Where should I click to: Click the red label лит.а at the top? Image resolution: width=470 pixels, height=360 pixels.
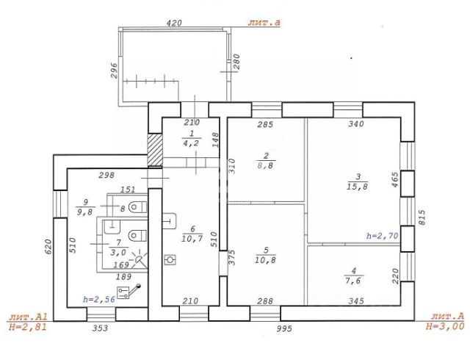click(x=267, y=23)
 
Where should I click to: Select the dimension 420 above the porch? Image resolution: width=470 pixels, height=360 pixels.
click(x=174, y=23)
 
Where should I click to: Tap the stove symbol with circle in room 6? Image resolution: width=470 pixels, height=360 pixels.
click(x=171, y=260)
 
